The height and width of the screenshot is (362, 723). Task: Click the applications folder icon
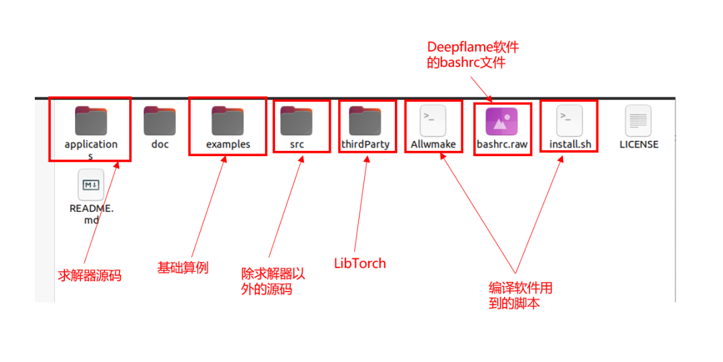coord(91,121)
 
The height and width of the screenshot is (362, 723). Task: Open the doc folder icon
coord(159,121)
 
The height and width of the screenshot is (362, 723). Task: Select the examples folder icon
coord(228,121)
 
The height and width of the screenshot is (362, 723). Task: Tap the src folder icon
coord(297,121)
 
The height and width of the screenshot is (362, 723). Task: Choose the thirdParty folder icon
coord(366,121)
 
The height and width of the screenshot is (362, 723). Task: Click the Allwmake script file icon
coord(433,121)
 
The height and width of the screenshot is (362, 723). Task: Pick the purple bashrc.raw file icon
coord(501,121)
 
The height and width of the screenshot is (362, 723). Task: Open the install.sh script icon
coord(570,121)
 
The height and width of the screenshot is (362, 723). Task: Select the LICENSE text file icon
coord(638,121)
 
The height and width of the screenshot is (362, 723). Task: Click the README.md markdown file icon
coord(91,185)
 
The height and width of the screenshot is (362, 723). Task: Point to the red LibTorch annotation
coord(359,263)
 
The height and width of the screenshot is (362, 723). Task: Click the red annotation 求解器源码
coord(90,276)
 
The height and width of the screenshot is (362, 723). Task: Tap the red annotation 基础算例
coord(183,267)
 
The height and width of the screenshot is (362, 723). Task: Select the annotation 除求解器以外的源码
coord(273,282)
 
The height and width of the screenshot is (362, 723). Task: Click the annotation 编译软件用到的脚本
coord(521,296)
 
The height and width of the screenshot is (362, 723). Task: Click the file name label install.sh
coord(570,145)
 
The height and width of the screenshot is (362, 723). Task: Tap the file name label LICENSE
coord(639,145)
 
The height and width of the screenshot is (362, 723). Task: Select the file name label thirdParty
coord(366,145)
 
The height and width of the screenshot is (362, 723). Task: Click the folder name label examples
coord(228,145)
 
